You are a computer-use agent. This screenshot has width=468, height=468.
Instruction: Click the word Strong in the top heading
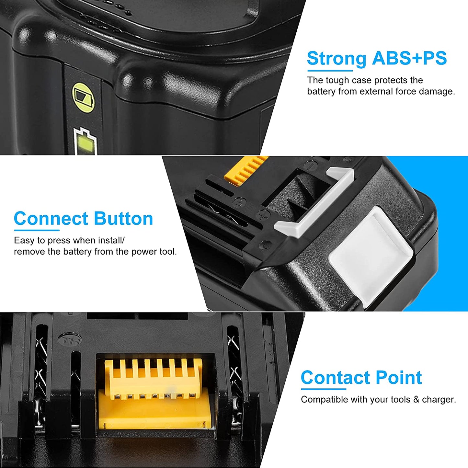337,59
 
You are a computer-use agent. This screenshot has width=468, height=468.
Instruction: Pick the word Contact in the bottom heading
335,378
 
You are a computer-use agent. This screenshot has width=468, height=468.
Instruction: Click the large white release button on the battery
371,256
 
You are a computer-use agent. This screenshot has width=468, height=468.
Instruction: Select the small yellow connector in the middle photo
246,170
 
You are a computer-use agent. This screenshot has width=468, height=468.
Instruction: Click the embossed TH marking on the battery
70,340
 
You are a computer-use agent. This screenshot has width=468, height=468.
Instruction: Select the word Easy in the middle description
24,240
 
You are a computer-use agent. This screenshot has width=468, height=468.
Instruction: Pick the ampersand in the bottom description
416,400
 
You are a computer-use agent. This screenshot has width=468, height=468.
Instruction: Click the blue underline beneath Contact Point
324,389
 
